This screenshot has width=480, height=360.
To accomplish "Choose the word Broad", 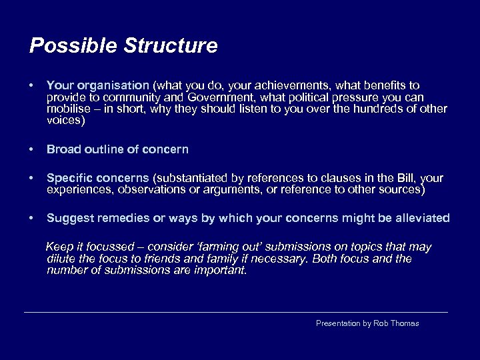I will point(61,150).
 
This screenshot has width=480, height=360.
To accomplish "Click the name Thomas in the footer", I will point(404,323).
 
